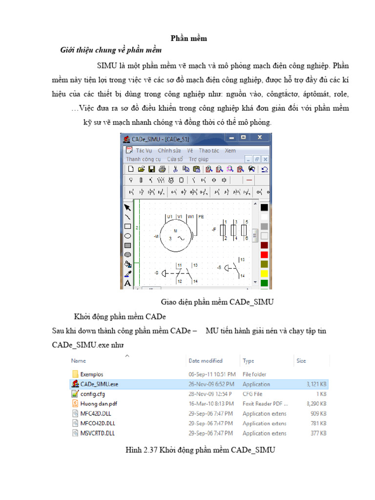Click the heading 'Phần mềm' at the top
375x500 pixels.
tap(188, 39)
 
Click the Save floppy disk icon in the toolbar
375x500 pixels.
tap(151, 169)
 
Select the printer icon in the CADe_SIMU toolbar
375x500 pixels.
tap(162, 169)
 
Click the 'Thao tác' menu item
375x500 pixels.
tap(208, 151)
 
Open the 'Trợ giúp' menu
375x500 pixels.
tap(198, 159)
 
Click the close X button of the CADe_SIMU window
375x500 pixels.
tap(260, 138)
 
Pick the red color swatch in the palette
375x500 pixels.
tap(264, 254)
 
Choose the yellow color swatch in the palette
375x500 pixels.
tap(264, 273)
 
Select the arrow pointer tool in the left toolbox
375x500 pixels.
tap(127, 208)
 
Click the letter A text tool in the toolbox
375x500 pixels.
tap(127, 283)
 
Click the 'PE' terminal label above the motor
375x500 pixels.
tap(201, 216)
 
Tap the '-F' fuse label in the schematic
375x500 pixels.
tap(213, 229)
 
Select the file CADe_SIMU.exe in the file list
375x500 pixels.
tap(99, 384)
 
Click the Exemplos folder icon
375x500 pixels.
tap(75, 374)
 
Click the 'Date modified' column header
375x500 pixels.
tap(205, 361)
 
